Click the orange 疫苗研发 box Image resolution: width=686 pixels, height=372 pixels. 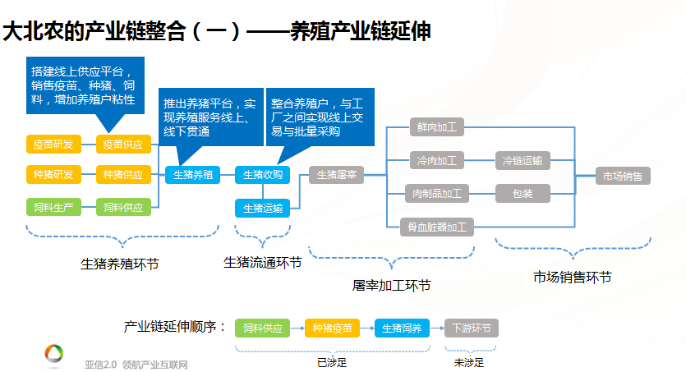pyautogui.click(x=54, y=145)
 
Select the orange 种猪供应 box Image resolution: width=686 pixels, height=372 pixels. pyautogui.click(x=123, y=174)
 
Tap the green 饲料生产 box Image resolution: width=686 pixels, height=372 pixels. pyautogui.click(x=54, y=207)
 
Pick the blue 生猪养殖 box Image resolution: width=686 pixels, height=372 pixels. pyautogui.click(x=192, y=174)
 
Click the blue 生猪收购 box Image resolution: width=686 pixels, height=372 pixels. pyautogui.click(x=263, y=174)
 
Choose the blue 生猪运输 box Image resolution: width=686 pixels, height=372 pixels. pyautogui.click(x=263, y=208)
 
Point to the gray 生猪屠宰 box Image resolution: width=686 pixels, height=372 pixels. pyautogui.click(x=337, y=175)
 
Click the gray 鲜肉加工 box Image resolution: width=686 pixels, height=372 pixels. pyautogui.click(x=436, y=126)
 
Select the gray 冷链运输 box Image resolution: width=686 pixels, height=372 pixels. pyautogui.click(x=523, y=160)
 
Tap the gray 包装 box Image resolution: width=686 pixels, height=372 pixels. pyautogui.click(x=523, y=193)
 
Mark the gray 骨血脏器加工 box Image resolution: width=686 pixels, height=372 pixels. pyautogui.click(x=436, y=227)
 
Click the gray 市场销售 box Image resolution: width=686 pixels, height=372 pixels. pyautogui.click(x=623, y=176)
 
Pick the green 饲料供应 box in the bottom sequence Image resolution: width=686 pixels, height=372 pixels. pyautogui.click(x=263, y=328)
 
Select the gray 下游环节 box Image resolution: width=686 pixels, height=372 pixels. pyautogui.click(x=472, y=328)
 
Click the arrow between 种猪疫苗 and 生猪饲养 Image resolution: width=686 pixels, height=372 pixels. pyautogui.click(x=367, y=328)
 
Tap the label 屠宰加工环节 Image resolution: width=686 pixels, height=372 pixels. pyautogui.click(x=392, y=286)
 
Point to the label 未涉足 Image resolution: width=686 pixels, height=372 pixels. pyautogui.click(x=469, y=362)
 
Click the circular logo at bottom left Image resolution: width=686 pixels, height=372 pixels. pyautogui.click(x=54, y=353)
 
